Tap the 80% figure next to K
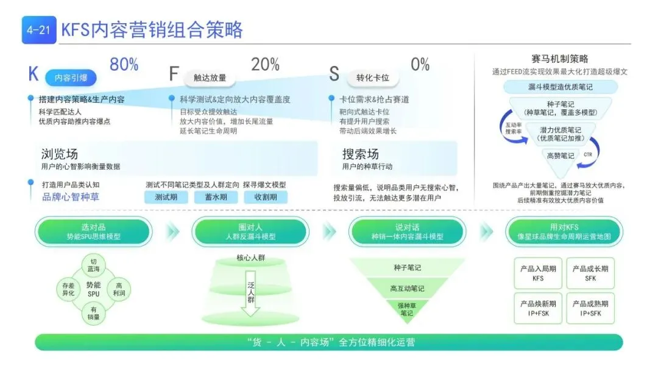point(124,65)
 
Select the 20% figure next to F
point(266,65)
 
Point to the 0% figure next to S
point(420,65)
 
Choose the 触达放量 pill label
point(210,77)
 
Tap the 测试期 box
point(166,197)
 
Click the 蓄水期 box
point(216,197)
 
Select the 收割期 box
point(266,197)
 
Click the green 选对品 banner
point(93,232)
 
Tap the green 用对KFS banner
point(564,232)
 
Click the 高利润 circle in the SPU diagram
point(119,289)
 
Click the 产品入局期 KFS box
point(538,273)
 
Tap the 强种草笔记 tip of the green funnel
point(407,309)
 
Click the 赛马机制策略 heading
point(560,59)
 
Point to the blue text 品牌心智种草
point(70,196)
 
